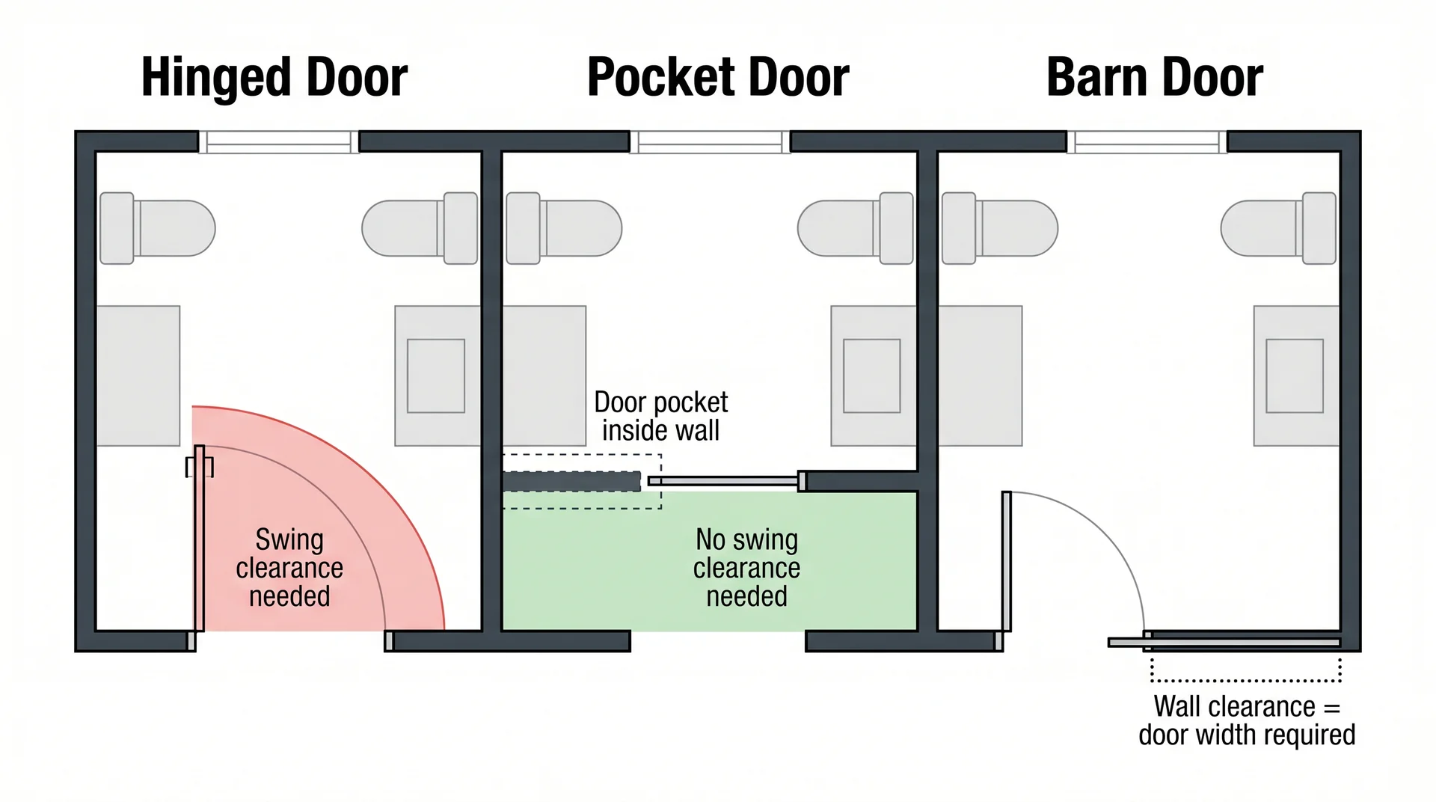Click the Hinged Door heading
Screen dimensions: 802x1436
274,78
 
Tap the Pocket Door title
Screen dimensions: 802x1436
717,78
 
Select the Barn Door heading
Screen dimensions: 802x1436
1154,78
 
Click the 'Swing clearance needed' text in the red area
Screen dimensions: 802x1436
289,568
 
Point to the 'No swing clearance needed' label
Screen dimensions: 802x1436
746,568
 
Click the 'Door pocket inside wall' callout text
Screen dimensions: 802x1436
660,417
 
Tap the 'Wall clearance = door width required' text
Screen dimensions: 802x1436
1246,720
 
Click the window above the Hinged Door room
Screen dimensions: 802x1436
278,142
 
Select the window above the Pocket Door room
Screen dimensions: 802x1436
710,142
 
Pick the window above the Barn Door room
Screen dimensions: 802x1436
1147,142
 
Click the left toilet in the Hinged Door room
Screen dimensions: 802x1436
157,228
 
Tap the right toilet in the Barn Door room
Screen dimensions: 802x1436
1279,228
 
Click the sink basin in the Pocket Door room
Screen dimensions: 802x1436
871,376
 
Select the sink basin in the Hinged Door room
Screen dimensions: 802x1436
436,376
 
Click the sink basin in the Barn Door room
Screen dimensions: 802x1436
1294,376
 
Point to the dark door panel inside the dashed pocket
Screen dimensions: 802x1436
571,481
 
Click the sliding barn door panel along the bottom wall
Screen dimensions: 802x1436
1227,643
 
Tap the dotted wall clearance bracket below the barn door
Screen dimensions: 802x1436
1246,679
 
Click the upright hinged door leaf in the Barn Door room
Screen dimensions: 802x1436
1007,561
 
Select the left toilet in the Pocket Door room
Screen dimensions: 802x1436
564,228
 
